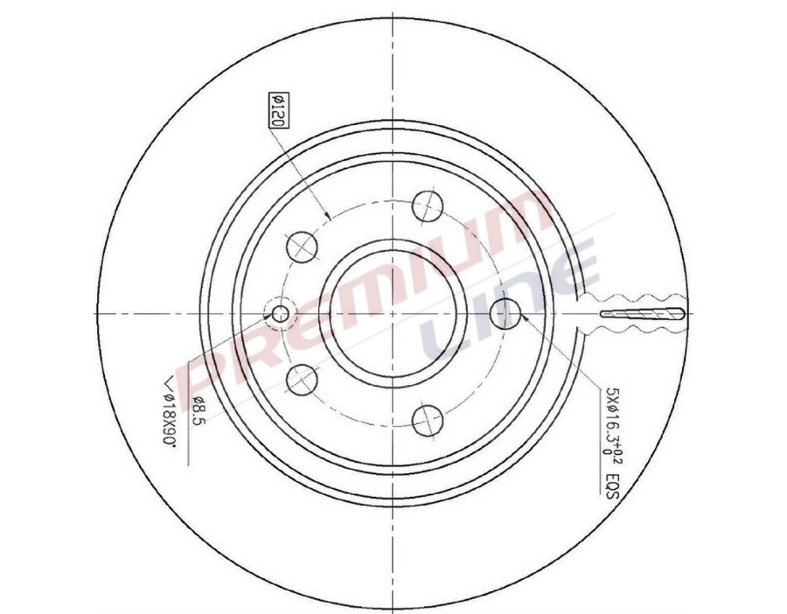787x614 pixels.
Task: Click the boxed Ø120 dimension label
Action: (274, 112)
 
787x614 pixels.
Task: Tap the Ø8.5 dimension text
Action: (198, 409)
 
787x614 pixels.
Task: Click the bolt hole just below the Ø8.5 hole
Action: (302, 379)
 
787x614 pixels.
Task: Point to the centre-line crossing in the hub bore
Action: (391, 312)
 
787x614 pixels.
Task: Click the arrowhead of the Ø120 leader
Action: (327, 217)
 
